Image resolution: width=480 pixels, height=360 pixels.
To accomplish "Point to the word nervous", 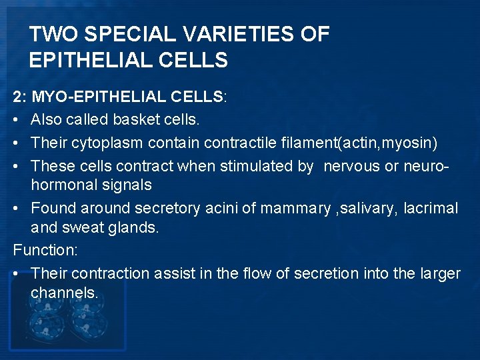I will click(x=351, y=166).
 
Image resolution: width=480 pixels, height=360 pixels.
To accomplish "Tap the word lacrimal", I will click(x=431, y=209).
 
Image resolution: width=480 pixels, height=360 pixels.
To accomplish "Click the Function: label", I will click(x=45, y=250).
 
